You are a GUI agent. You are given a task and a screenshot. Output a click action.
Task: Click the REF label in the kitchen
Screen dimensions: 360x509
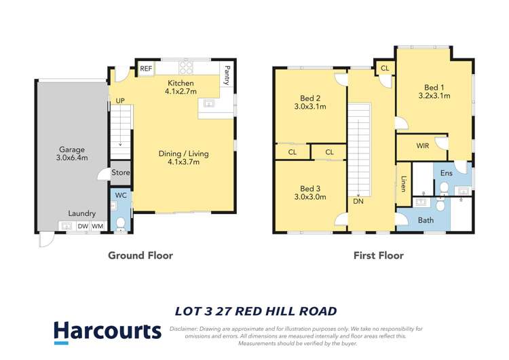(x=145, y=69)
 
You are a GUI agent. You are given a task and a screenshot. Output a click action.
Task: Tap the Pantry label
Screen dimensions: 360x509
(x=227, y=75)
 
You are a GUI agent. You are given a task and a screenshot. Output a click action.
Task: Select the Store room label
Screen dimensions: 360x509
(x=120, y=173)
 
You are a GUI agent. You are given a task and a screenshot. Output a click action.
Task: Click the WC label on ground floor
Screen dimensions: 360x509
(x=121, y=196)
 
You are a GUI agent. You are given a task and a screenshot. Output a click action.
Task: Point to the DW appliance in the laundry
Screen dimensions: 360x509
(x=82, y=226)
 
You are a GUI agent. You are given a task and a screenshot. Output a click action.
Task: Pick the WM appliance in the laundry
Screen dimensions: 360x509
(x=98, y=226)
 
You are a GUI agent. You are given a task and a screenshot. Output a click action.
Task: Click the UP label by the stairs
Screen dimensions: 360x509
(x=120, y=101)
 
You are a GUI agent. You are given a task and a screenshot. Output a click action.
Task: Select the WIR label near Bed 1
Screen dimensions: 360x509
(x=422, y=145)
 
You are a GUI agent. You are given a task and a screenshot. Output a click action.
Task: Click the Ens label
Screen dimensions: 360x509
(x=446, y=173)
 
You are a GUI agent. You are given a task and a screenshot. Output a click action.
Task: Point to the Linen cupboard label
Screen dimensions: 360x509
(x=403, y=183)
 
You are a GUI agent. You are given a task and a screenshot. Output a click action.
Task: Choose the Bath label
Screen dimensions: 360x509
(x=426, y=220)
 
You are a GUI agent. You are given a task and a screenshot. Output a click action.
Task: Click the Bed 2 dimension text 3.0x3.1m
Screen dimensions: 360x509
(x=310, y=107)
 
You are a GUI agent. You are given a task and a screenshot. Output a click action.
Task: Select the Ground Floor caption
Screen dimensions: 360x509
(x=140, y=255)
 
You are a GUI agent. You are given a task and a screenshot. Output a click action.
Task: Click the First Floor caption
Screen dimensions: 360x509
(x=378, y=255)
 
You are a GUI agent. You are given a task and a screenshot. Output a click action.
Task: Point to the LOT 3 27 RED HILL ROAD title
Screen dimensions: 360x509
(x=256, y=312)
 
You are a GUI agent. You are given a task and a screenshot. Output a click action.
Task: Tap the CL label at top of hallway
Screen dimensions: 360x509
(x=385, y=69)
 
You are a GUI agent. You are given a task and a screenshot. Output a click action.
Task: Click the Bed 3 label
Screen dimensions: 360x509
(x=310, y=188)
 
